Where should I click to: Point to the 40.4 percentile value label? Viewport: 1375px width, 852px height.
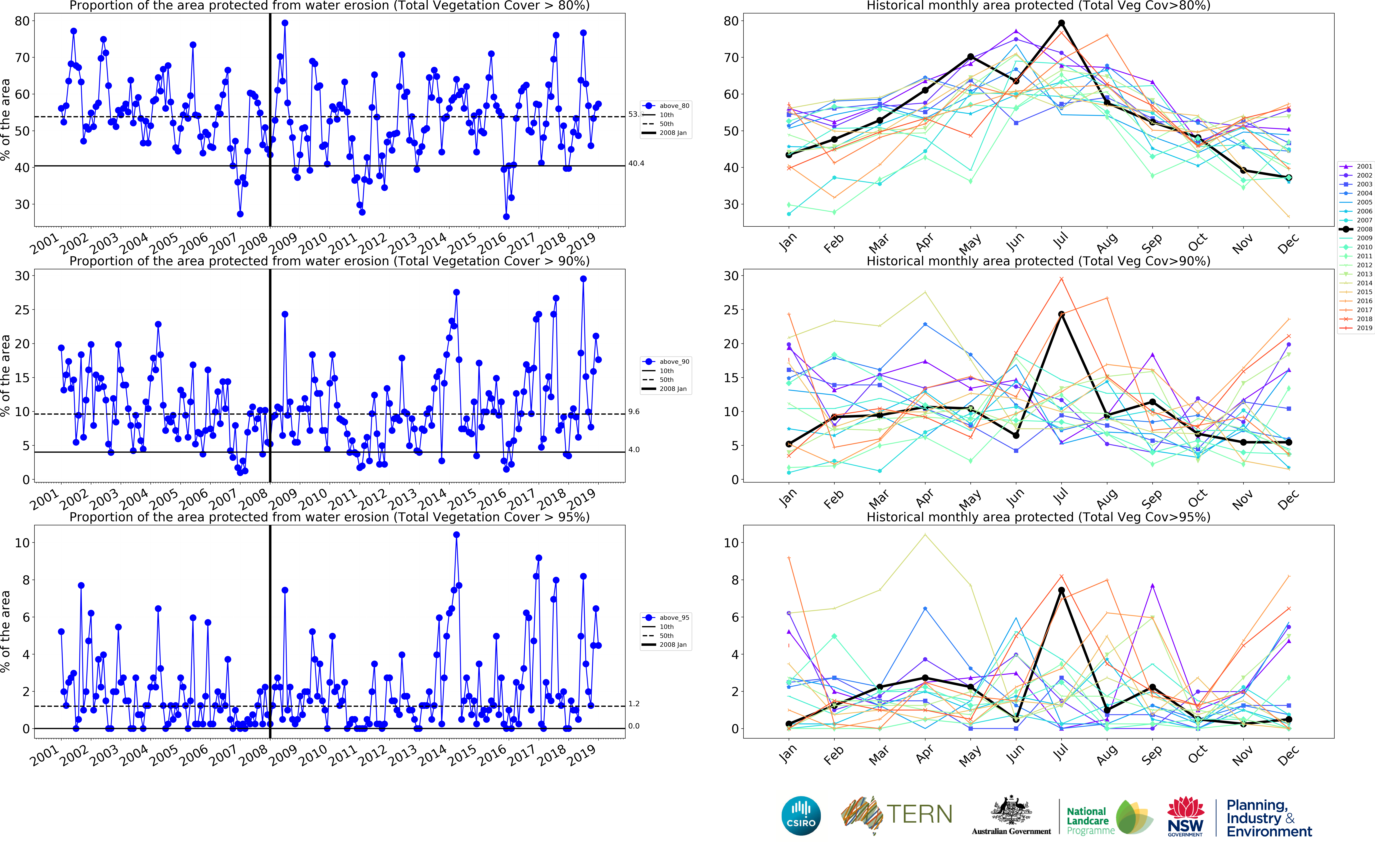636,163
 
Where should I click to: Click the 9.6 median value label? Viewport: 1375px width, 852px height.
634,412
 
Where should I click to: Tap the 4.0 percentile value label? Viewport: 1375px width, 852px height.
634,450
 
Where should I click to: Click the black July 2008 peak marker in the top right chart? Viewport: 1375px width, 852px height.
1061,23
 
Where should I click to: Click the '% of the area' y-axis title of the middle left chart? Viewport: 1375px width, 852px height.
6,376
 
